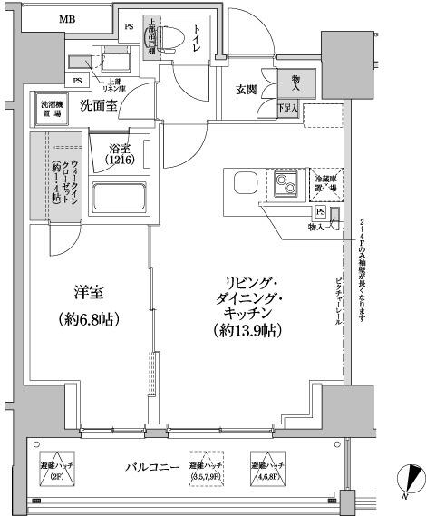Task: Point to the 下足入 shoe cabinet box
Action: point(288,109)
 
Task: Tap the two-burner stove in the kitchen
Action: point(288,186)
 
